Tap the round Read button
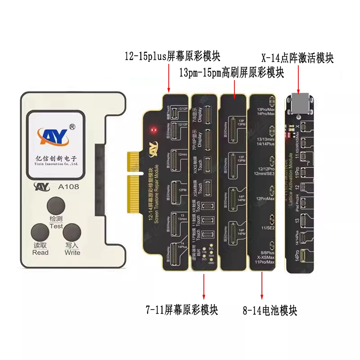(40, 234)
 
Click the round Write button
(72, 234)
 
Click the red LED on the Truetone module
(154, 130)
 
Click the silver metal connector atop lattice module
(300, 103)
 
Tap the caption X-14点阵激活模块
(297, 58)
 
